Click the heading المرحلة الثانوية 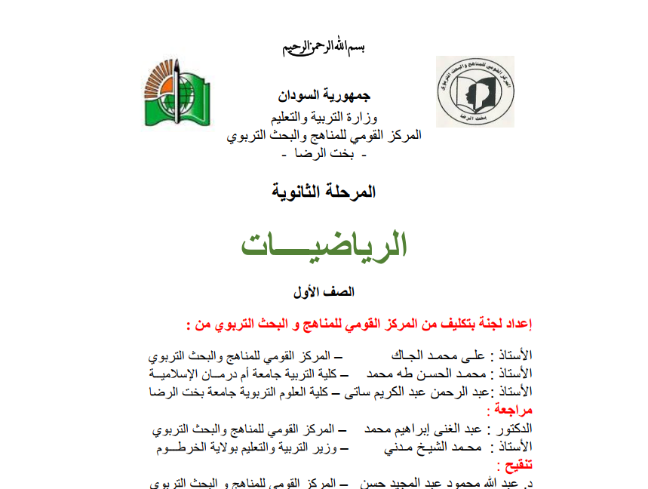pyautogui.click(x=324, y=192)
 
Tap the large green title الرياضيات pyautogui.click(x=324, y=244)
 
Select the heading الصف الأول pyautogui.click(x=324, y=291)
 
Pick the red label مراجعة pyautogui.click(x=510, y=411)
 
